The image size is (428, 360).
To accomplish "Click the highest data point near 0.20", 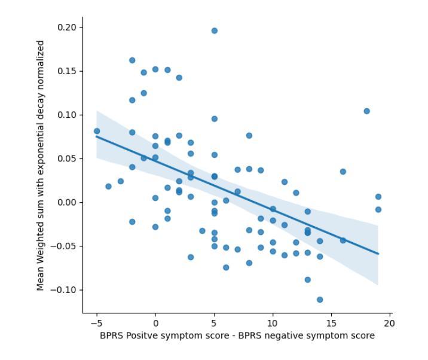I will click(215, 30).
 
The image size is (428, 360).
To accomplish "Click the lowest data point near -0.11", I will click(320, 300).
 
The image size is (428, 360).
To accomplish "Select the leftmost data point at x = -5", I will click(97, 131).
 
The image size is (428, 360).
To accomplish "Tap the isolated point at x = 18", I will click(366, 111).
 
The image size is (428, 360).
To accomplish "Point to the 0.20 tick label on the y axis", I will click(67, 28).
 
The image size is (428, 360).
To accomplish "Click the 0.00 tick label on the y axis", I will click(67, 203).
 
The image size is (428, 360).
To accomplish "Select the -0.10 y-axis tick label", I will click(65, 290).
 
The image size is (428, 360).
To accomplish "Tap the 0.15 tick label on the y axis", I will click(67, 71).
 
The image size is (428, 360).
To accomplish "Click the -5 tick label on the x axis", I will click(96, 324).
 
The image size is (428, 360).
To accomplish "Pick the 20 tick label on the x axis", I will click(390, 324).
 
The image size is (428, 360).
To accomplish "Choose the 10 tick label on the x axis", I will click(273, 324).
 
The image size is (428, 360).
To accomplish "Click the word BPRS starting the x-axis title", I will click(112, 336).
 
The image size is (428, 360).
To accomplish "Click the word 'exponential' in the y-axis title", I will click(41, 129).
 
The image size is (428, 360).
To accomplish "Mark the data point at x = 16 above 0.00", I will click(343, 172).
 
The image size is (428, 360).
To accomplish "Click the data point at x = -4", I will click(108, 187).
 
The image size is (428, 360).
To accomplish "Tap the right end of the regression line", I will click(378, 254).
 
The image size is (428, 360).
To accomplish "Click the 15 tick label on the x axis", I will click(331, 324).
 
